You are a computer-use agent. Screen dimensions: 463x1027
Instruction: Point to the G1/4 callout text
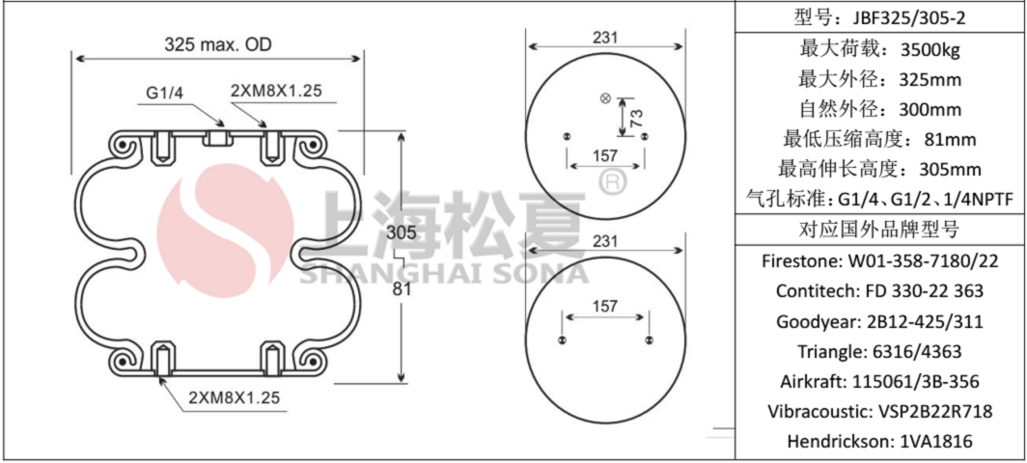click(165, 93)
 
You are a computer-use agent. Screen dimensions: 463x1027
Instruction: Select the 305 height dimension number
click(402, 231)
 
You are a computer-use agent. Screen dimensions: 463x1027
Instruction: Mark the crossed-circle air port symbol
click(606, 98)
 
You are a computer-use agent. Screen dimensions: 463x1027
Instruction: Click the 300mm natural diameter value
click(930, 108)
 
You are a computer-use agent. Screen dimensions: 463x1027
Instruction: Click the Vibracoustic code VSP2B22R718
click(931, 412)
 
